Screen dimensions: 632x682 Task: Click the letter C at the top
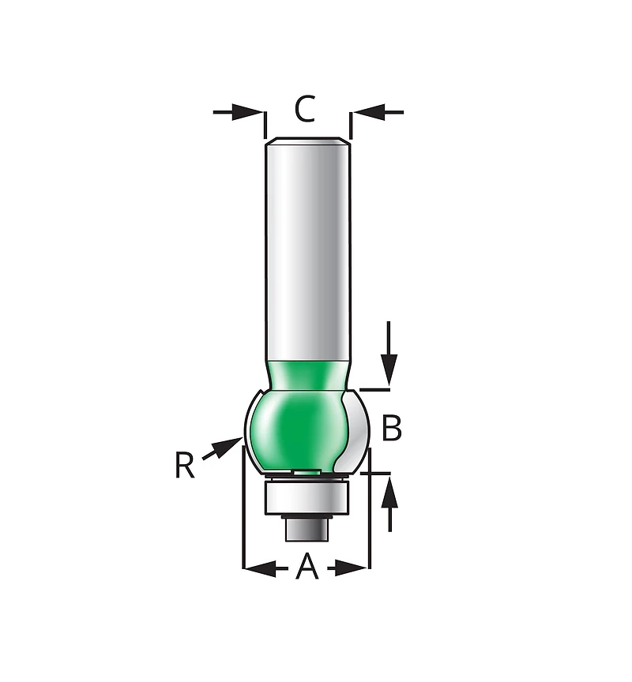coord(305,109)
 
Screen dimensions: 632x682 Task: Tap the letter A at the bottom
coord(307,566)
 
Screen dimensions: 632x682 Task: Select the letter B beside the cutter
coord(392,428)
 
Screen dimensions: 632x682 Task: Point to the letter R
coord(184,465)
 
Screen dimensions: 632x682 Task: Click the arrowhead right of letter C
coord(369,112)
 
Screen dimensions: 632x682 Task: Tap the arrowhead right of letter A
coord(352,568)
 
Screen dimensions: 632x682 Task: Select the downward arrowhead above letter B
coord(389,369)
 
